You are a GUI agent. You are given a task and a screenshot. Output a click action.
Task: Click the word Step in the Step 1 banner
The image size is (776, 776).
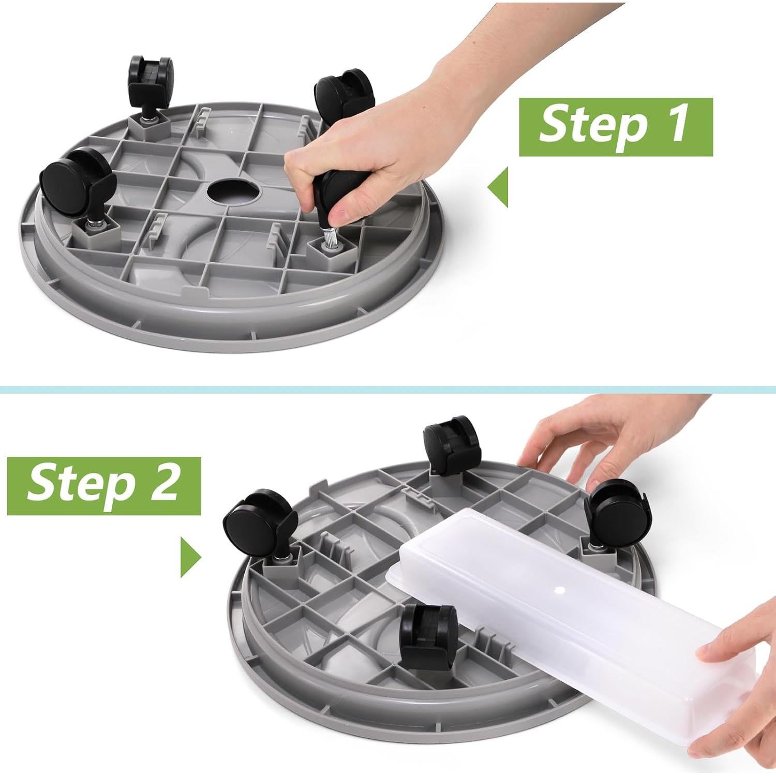(593, 124)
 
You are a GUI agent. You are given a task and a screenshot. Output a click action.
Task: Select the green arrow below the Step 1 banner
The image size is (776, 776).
(498, 186)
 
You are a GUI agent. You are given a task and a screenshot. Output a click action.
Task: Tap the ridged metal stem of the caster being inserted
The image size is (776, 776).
(328, 239)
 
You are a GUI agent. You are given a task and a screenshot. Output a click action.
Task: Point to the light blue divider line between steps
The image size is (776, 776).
(388, 389)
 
